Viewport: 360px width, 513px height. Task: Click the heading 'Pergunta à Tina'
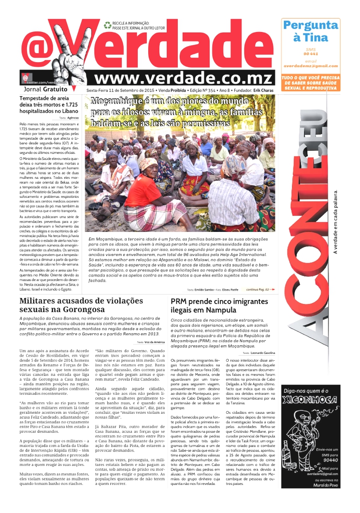(x=310, y=31)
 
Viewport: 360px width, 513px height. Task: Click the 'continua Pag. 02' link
(x=260, y=289)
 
